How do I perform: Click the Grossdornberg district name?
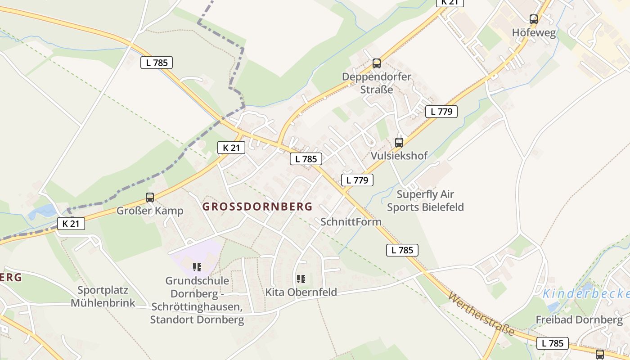point(257,207)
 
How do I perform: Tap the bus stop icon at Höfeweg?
point(533,19)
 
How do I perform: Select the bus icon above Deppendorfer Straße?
point(377,63)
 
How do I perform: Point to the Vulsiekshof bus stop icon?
point(399,143)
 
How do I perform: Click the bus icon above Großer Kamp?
point(150,198)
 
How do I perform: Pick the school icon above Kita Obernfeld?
point(301,279)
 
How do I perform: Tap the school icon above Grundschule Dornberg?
point(197,267)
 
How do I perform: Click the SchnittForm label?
point(351,222)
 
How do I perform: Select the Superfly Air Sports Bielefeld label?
point(425,201)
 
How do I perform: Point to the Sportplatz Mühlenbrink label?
point(103,296)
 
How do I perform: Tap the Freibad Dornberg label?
point(579,320)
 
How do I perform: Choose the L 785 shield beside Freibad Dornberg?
point(552,343)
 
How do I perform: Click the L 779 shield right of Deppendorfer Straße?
point(441,112)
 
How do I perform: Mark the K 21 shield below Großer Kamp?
point(71,224)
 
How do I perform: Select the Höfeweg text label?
point(534,33)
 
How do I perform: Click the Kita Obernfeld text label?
point(301,292)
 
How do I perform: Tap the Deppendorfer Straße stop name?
point(377,83)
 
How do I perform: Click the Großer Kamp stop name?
point(150,211)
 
